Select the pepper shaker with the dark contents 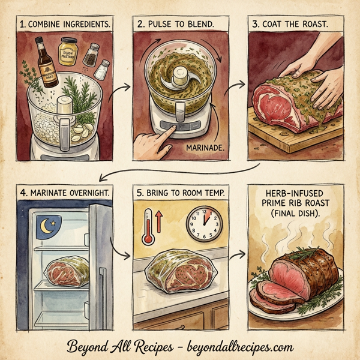pos(91,56)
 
